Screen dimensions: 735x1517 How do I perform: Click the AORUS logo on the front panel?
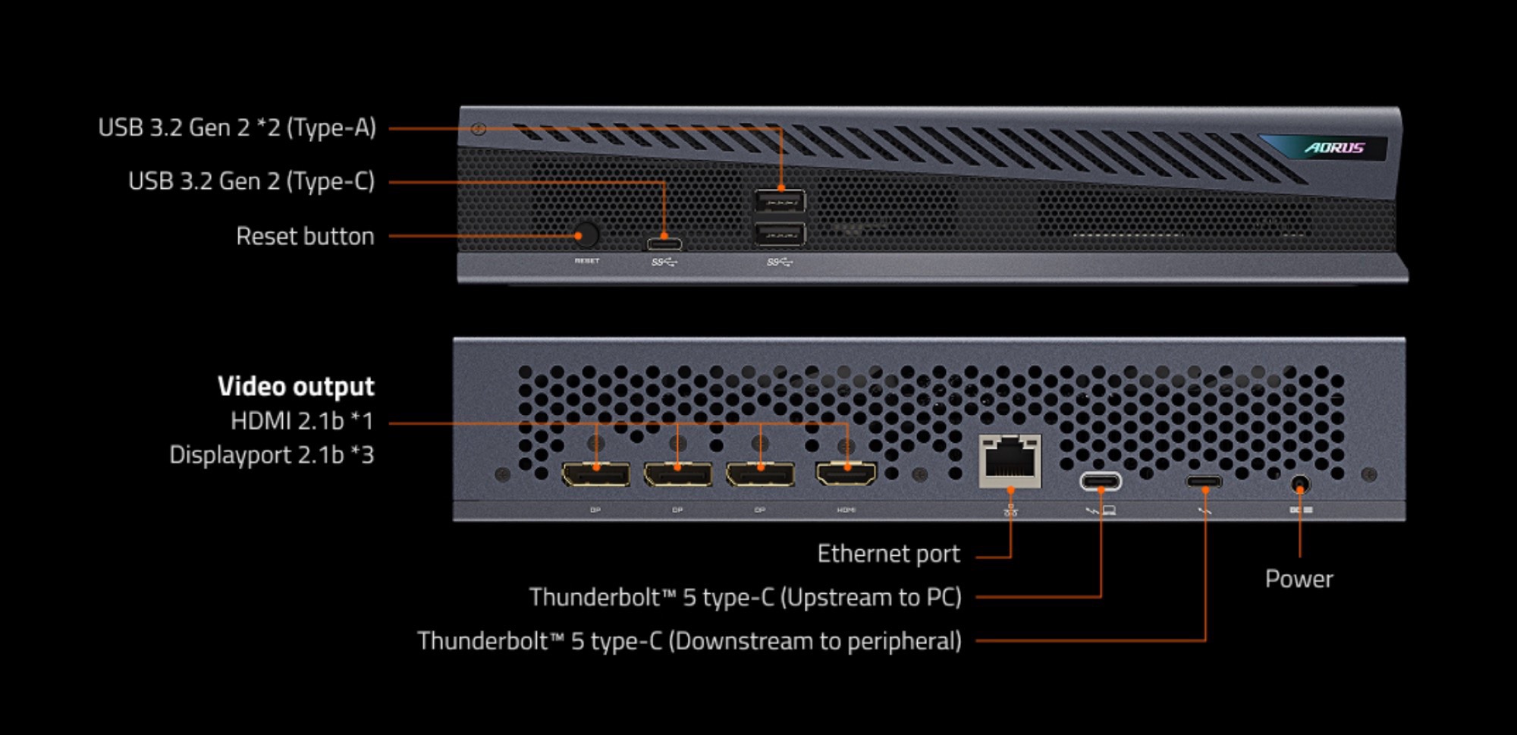1334,148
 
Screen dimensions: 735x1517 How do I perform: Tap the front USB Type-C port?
664,244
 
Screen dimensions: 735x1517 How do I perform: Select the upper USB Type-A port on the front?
780,202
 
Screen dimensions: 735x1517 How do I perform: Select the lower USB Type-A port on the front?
780,234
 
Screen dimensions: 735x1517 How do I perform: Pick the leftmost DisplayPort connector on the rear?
595,475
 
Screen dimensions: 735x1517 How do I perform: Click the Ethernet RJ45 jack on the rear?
1010,460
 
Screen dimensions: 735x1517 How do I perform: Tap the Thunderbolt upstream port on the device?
1100,481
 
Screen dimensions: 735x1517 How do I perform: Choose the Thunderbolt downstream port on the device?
1204,482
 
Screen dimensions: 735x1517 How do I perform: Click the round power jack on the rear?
1300,484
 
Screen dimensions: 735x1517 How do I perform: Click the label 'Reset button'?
305,237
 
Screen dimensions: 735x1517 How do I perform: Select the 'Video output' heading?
296,387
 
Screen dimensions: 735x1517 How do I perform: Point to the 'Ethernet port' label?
888,554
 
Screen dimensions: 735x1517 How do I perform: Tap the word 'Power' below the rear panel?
1299,580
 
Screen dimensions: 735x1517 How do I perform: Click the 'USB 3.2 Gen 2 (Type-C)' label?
251,181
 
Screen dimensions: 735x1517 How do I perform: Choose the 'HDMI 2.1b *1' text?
302,421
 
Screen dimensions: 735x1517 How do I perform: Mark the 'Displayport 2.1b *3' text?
272,455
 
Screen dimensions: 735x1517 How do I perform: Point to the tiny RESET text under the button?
587,261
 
